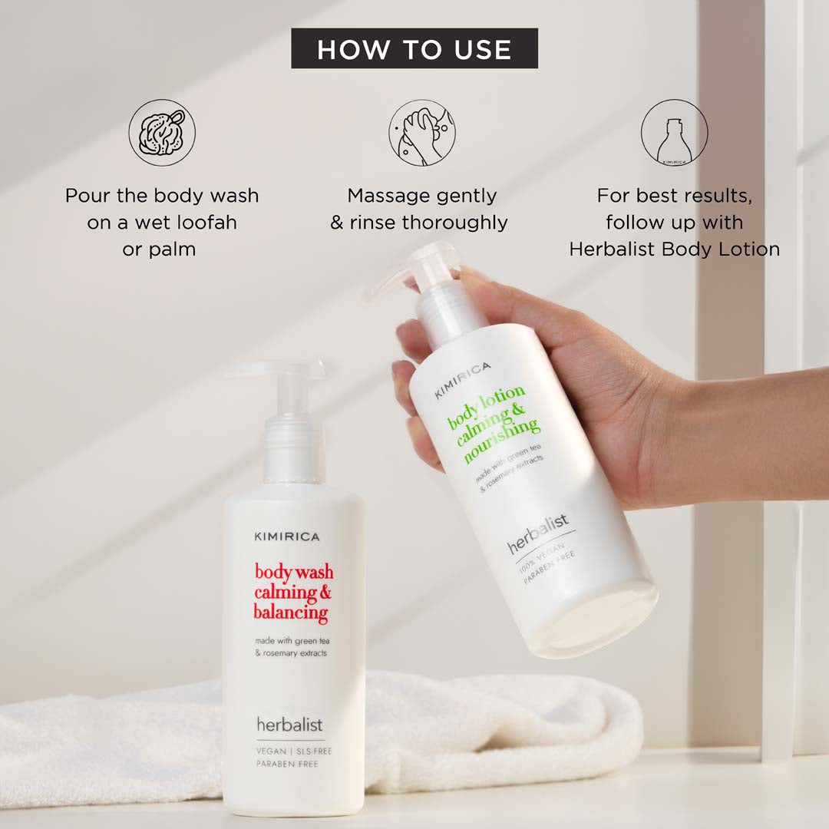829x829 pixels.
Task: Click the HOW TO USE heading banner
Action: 414,49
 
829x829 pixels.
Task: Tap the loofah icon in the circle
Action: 161,132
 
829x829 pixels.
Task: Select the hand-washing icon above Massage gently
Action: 421,132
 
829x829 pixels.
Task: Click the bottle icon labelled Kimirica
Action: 673,132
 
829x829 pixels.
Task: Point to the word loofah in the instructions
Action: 206,223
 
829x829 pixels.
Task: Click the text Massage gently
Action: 422,196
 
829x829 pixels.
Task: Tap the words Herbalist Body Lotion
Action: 674,249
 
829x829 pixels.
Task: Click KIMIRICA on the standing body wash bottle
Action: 286,537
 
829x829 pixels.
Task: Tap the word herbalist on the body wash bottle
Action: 289,724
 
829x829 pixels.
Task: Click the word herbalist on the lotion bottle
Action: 539,535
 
